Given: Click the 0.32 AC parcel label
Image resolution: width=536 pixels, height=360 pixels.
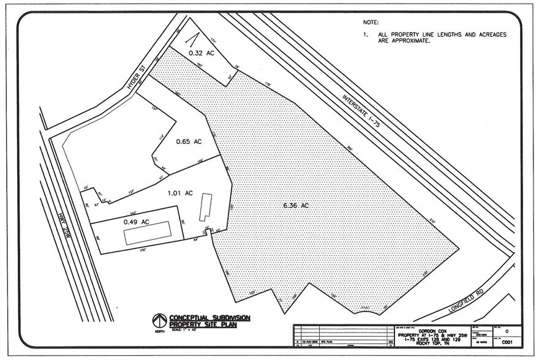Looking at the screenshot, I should (202, 53).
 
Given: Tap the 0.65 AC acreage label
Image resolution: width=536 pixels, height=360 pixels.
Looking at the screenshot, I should (189, 142).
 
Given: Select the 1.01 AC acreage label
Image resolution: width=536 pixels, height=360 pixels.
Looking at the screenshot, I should (180, 193).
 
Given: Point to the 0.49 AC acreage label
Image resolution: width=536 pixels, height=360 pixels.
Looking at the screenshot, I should (137, 222).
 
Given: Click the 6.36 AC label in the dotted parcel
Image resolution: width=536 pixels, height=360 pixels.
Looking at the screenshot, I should (295, 206).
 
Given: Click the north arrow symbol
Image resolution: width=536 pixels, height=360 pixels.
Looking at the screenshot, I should (159, 320).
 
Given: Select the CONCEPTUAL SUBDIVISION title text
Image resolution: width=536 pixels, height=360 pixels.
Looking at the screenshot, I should (211, 317).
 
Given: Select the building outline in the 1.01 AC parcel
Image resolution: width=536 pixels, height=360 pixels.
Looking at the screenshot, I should (205, 207).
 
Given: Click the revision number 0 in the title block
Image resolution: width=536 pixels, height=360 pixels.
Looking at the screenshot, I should (505, 331).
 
